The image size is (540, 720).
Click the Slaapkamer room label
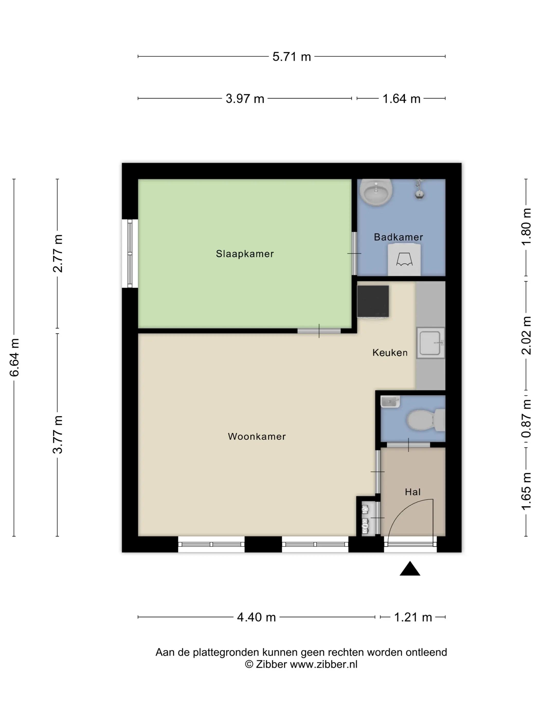point(245,254)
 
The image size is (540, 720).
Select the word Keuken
point(390,353)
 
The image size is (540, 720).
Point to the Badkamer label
point(398,237)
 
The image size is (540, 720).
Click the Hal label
point(412,492)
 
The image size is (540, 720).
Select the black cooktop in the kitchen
point(373,301)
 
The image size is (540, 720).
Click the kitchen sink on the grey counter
point(430,343)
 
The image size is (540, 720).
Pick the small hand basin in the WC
point(390,402)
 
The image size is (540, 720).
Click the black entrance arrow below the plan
point(410,569)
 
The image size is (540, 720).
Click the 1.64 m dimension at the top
point(401,99)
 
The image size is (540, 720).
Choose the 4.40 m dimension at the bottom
point(256,617)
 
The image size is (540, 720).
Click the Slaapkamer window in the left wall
point(130,253)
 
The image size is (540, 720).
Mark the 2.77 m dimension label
point(58,253)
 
